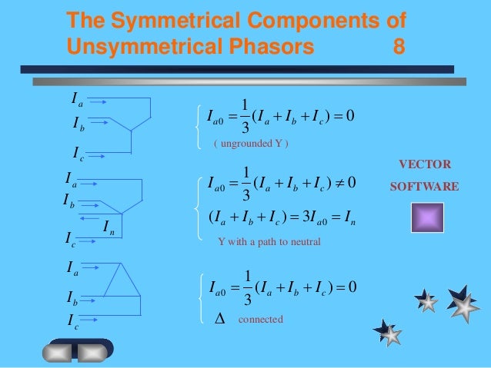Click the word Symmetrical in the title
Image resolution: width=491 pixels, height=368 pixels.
click(x=181, y=19)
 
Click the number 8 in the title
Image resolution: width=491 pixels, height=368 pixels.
click(x=399, y=47)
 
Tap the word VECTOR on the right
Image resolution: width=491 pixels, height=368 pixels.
click(x=425, y=164)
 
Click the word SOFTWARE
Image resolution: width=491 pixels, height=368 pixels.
click(x=425, y=187)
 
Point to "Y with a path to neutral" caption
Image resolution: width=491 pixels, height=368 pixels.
click(x=269, y=240)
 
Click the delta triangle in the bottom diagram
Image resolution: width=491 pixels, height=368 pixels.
click(x=119, y=277)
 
